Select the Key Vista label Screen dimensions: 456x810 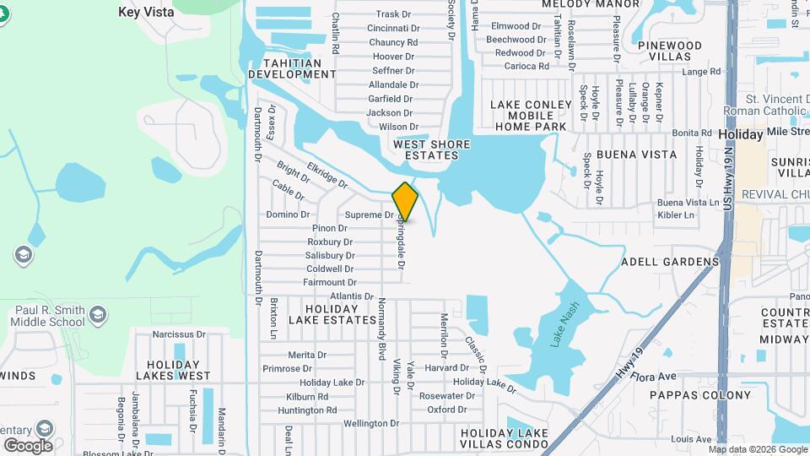[146, 12]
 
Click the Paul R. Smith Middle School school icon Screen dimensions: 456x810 [99, 315]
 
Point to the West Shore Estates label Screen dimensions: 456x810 [431, 149]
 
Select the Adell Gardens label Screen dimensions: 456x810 [670, 262]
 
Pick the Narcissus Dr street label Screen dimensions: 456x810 [179, 334]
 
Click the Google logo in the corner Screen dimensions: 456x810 [28, 445]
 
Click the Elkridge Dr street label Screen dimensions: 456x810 [327, 175]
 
